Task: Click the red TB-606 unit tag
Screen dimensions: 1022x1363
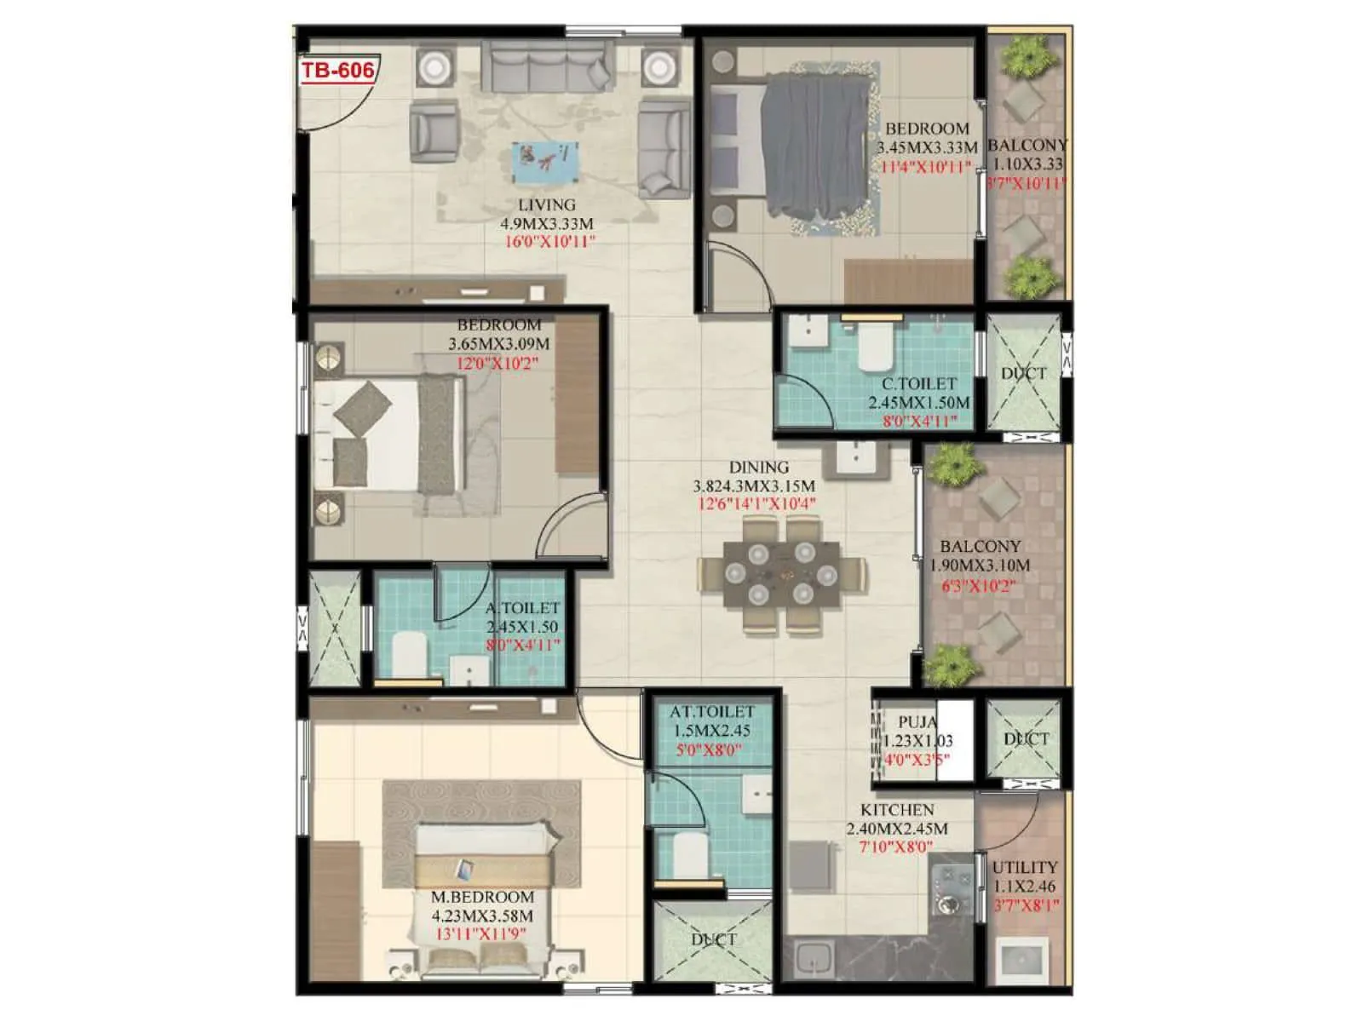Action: (337, 70)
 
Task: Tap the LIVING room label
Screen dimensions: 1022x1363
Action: (547, 205)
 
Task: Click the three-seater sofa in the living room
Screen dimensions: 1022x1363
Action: (547, 68)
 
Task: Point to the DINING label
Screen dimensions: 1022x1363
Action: (758, 468)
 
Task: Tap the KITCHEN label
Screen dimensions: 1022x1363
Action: (896, 810)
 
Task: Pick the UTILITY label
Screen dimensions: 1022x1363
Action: (1025, 868)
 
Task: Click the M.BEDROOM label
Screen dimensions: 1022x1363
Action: (482, 898)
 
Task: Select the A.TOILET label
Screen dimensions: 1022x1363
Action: (522, 608)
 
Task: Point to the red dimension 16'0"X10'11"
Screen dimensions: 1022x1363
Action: (549, 242)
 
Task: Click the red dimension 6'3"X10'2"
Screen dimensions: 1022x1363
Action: (978, 586)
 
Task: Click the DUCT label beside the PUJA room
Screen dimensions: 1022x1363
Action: (1025, 738)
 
